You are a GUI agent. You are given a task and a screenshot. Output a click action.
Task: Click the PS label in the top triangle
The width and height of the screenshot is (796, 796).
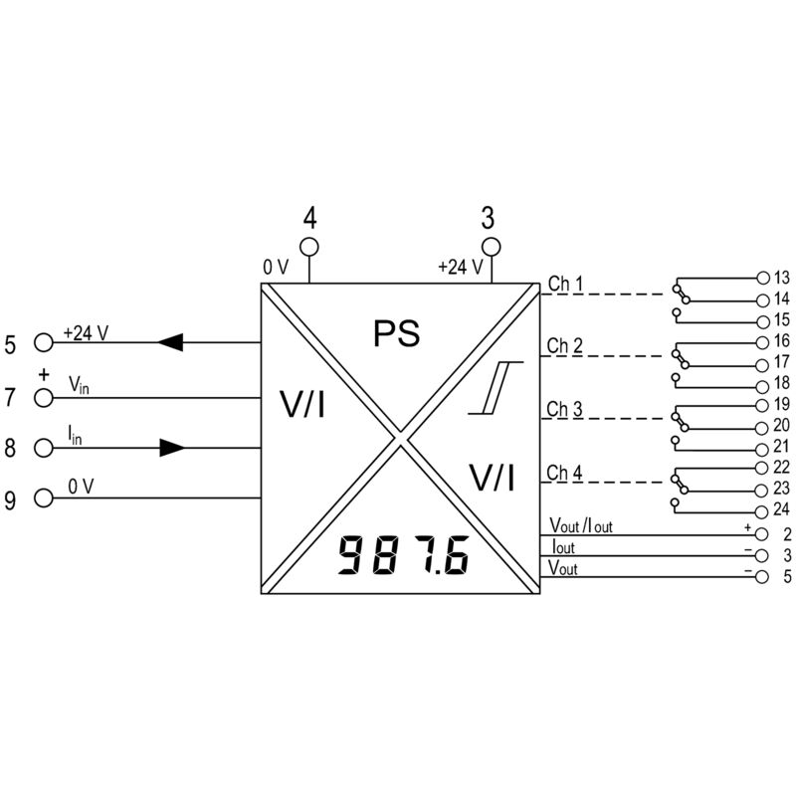(396, 333)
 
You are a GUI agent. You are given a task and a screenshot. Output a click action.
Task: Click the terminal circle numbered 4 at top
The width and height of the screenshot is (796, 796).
(309, 247)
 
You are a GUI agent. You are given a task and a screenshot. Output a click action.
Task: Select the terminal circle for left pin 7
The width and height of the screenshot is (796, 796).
(44, 397)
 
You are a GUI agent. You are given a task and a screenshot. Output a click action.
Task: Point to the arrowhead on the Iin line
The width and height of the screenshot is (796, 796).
(172, 448)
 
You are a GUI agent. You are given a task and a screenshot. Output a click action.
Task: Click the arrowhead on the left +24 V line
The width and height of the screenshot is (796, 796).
(170, 342)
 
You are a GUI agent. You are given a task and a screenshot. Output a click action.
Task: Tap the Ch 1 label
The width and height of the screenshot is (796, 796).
(565, 284)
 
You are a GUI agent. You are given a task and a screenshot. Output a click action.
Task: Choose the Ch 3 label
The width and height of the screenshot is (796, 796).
(564, 409)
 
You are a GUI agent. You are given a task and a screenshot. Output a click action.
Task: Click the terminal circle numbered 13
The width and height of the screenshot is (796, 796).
(763, 278)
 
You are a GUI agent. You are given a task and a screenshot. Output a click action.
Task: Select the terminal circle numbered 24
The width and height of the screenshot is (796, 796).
(761, 511)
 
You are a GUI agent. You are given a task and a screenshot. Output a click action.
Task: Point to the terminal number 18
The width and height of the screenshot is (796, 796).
(782, 382)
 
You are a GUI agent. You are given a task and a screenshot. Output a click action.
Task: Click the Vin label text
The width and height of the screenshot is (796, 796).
(79, 385)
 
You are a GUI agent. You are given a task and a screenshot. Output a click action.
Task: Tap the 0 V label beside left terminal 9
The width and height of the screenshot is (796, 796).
(82, 487)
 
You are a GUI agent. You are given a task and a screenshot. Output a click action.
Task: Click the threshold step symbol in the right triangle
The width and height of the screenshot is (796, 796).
(496, 388)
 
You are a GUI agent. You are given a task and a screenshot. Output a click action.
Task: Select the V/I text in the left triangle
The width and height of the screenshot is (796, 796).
(302, 405)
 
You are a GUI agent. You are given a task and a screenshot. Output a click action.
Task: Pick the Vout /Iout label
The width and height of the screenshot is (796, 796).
(581, 525)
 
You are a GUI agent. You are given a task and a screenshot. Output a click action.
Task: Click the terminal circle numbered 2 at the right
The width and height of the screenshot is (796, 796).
(761, 534)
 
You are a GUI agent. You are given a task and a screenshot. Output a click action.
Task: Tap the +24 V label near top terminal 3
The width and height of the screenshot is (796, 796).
(461, 267)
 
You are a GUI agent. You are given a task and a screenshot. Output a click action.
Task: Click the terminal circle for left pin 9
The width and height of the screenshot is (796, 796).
(44, 498)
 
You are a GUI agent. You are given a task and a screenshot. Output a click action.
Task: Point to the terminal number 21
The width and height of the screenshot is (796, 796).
(781, 446)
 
